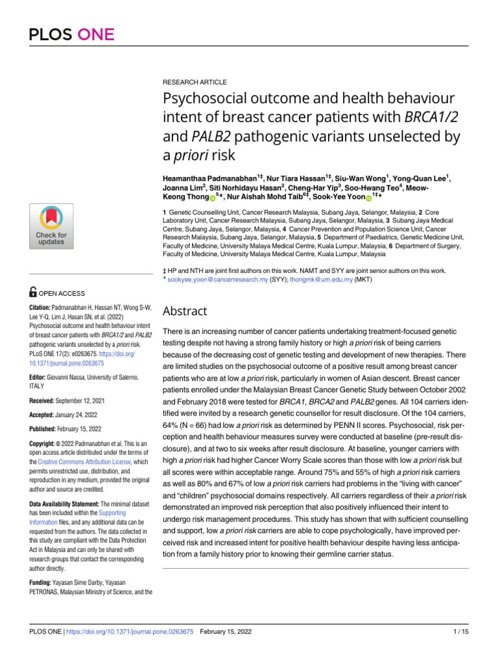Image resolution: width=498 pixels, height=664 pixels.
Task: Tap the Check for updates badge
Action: click(51, 224)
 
